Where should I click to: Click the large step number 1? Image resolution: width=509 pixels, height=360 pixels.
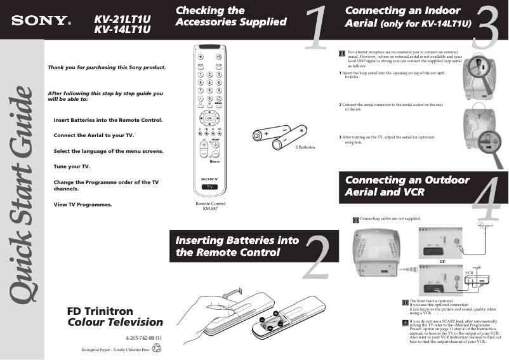(315, 29)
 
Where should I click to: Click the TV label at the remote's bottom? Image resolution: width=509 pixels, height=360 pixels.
(210, 188)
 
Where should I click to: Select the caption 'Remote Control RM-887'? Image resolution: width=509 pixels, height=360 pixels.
(210, 206)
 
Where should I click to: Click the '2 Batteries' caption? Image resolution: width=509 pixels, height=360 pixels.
(305, 147)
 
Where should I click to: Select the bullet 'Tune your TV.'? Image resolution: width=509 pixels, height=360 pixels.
(72, 166)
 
